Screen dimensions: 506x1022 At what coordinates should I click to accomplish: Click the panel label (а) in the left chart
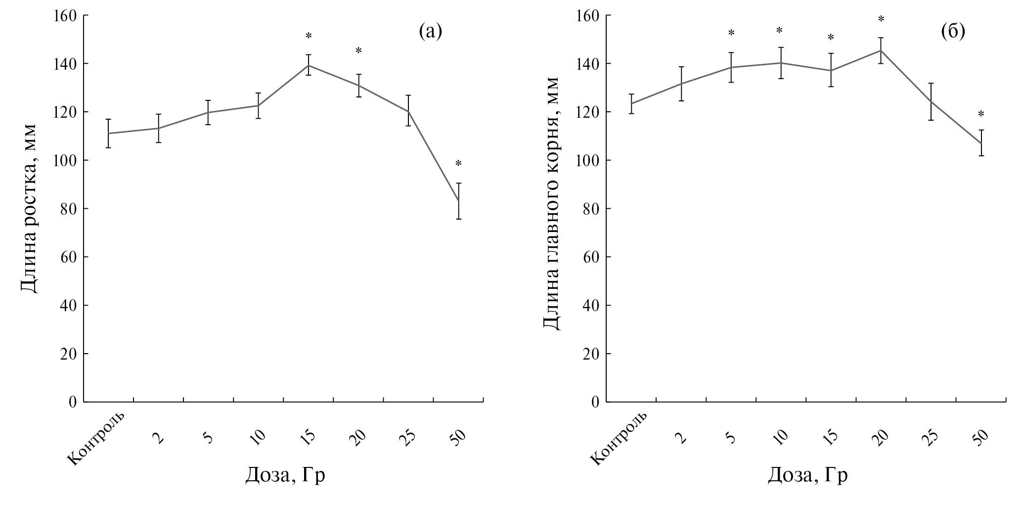[x=430, y=32]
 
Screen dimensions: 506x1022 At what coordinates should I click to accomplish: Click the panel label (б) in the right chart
[x=953, y=32]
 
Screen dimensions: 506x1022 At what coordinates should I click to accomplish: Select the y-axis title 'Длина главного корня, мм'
[x=551, y=203]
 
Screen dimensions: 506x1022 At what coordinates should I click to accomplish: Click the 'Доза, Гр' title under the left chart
[x=285, y=475]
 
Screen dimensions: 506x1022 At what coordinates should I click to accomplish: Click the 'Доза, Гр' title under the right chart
[x=807, y=475]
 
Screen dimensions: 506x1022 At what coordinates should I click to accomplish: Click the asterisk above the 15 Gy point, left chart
[x=309, y=36]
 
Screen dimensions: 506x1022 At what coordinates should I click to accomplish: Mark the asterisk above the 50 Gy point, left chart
[x=458, y=164]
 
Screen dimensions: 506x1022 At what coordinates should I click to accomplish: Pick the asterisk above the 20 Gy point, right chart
[x=881, y=19]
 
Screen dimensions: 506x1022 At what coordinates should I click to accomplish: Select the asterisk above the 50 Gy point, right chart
[x=981, y=115]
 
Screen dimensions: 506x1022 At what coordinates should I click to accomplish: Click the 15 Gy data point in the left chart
[x=309, y=65]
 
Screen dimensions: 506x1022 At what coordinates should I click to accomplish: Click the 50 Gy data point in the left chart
[x=458, y=201]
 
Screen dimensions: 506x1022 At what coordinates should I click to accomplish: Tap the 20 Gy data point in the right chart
[x=881, y=50]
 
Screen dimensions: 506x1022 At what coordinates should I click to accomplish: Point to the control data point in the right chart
[x=631, y=104]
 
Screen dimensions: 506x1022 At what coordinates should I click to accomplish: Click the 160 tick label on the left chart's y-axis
[x=65, y=16]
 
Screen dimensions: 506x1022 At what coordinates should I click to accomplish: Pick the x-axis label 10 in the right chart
[x=779, y=438]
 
